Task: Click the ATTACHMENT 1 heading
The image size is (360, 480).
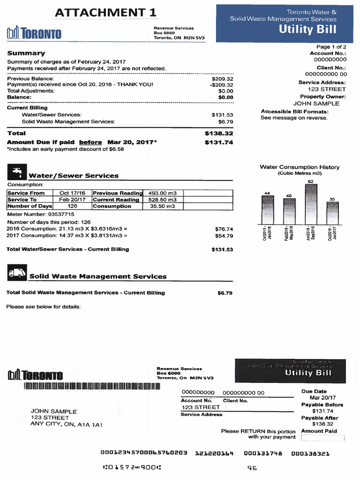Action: click(105, 13)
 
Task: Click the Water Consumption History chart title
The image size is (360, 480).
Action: click(300, 167)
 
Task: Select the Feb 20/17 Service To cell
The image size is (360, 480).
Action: click(72, 200)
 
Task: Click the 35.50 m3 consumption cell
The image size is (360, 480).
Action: click(162, 206)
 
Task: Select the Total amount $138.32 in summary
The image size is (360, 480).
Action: click(219, 134)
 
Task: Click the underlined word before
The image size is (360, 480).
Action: click(90, 142)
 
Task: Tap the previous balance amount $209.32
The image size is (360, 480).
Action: click(223, 79)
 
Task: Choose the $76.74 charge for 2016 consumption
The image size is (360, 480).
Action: click(224, 229)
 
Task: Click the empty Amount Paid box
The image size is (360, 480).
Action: click(322, 438)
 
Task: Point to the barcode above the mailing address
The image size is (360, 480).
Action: click(92, 386)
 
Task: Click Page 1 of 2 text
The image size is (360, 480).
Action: click(331, 47)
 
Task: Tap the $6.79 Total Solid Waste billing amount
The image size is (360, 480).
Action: click(225, 293)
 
